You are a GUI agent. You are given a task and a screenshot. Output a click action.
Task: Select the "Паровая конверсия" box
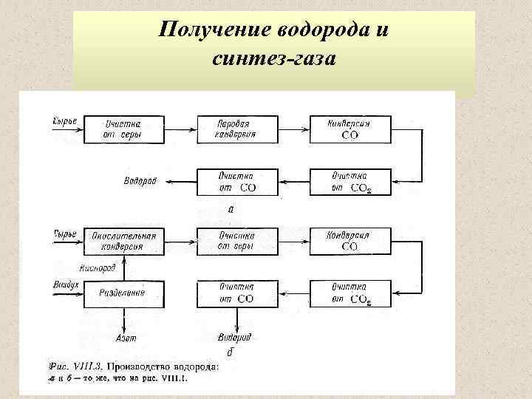[x=236, y=129]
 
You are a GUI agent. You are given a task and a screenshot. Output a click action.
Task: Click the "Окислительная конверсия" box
[x=124, y=241]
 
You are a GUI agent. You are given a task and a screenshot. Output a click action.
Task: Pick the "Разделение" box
[x=124, y=293]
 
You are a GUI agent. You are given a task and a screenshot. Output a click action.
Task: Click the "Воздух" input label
[x=64, y=284]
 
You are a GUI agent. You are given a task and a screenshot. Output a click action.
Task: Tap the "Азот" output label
[x=126, y=338]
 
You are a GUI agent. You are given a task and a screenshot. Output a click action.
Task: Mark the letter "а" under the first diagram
[x=231, y=210]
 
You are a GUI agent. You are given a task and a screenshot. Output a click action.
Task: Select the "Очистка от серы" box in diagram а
[x=124, y=129]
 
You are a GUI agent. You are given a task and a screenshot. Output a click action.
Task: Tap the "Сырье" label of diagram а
[x=65, y=120]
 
